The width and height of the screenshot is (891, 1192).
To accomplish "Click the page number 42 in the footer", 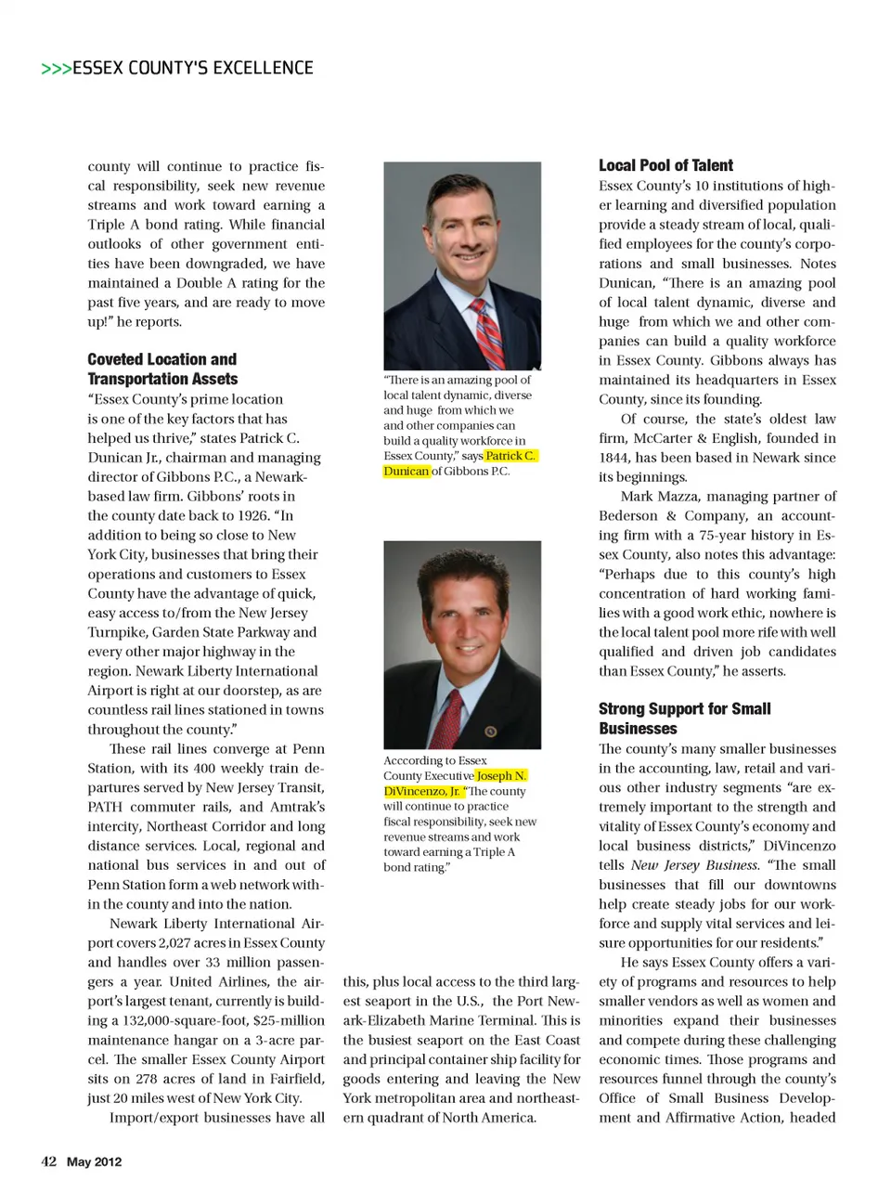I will tap(49, 1161).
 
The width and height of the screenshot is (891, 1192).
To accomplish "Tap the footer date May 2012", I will tap(94, 1162).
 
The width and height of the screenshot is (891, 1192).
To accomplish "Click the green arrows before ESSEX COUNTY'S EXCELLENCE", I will tap(56, 69).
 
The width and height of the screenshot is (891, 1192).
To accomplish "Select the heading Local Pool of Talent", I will tap(665, 165).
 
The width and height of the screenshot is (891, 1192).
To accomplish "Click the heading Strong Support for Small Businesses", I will tap(684, 719).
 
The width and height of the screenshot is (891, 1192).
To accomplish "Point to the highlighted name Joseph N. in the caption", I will tap(501, 776).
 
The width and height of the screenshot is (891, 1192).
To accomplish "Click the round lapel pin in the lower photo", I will tap(490, 732).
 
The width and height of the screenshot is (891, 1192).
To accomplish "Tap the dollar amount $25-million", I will tap(279, 1021).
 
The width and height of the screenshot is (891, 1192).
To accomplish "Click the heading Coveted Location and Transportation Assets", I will tap(162, 369).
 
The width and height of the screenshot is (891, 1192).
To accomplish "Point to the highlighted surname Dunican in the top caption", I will tap(407, 472).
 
